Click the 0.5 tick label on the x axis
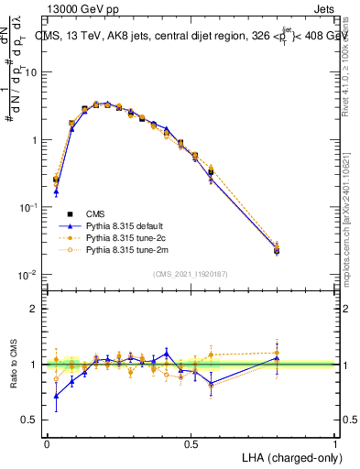click(191, 443)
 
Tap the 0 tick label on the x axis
click(47, 443)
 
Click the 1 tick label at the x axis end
click(335, 443)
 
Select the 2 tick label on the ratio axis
click(34, 309)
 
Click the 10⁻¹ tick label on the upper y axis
click(27, 207)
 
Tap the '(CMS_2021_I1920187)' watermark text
click(191, 273)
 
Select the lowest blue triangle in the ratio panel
click(57, 396)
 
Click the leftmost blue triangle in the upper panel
click(57, 191)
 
